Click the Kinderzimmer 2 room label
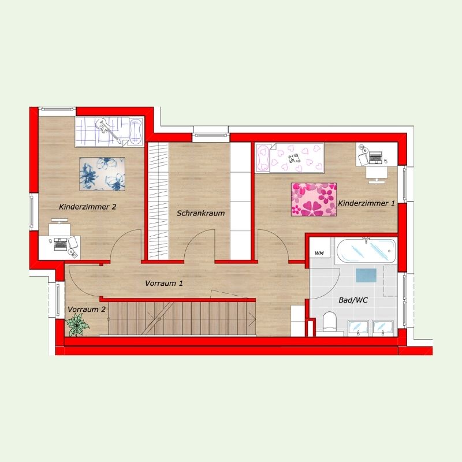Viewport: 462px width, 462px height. pyautogui.click(x=88, y=207)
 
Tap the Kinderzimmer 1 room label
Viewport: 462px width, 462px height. pyautogui.click(x=366, y=203)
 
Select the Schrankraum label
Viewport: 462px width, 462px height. pyautogui.click(x=200, y=213)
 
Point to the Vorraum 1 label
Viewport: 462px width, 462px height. pyautogui.click(x=164, y=284)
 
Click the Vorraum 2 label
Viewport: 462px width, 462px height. pyautogui.click(x=87, y=310)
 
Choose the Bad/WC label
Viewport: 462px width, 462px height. pyautogui.click(x=353, y=300)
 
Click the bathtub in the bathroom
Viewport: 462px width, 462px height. pyautogui.click(x=366, y=251)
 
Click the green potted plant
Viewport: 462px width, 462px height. pyautogui.click(x=77, y=325)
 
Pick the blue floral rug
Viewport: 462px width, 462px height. pyautogui.click(x=102, y=174)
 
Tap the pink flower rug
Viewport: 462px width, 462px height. pyautogui.click(x=314, y=199)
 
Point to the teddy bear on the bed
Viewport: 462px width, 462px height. pyautogui.click(x=294, y=159)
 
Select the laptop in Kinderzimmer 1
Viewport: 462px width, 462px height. pyautogui.click(x=375, y=157)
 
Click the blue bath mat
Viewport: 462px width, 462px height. pyautogui.click(x=366, y=275)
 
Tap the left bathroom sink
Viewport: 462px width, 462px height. pyautogui.click(x=358, y=327)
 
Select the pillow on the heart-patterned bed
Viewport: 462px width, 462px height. pyautogui.click(x=263, y=157)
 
